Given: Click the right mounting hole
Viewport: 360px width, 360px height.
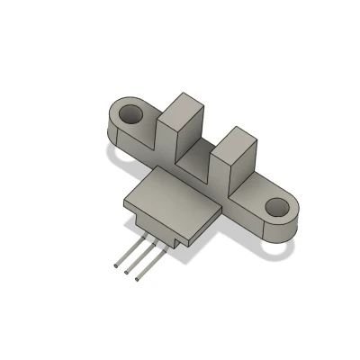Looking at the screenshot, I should tap(276, 211).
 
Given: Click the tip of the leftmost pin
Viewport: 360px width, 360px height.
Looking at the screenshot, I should tap(115, 267).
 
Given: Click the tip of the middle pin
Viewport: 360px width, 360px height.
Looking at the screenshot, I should tap(126, 273).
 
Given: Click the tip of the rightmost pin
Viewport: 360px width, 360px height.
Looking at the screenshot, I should tap(137, 279).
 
